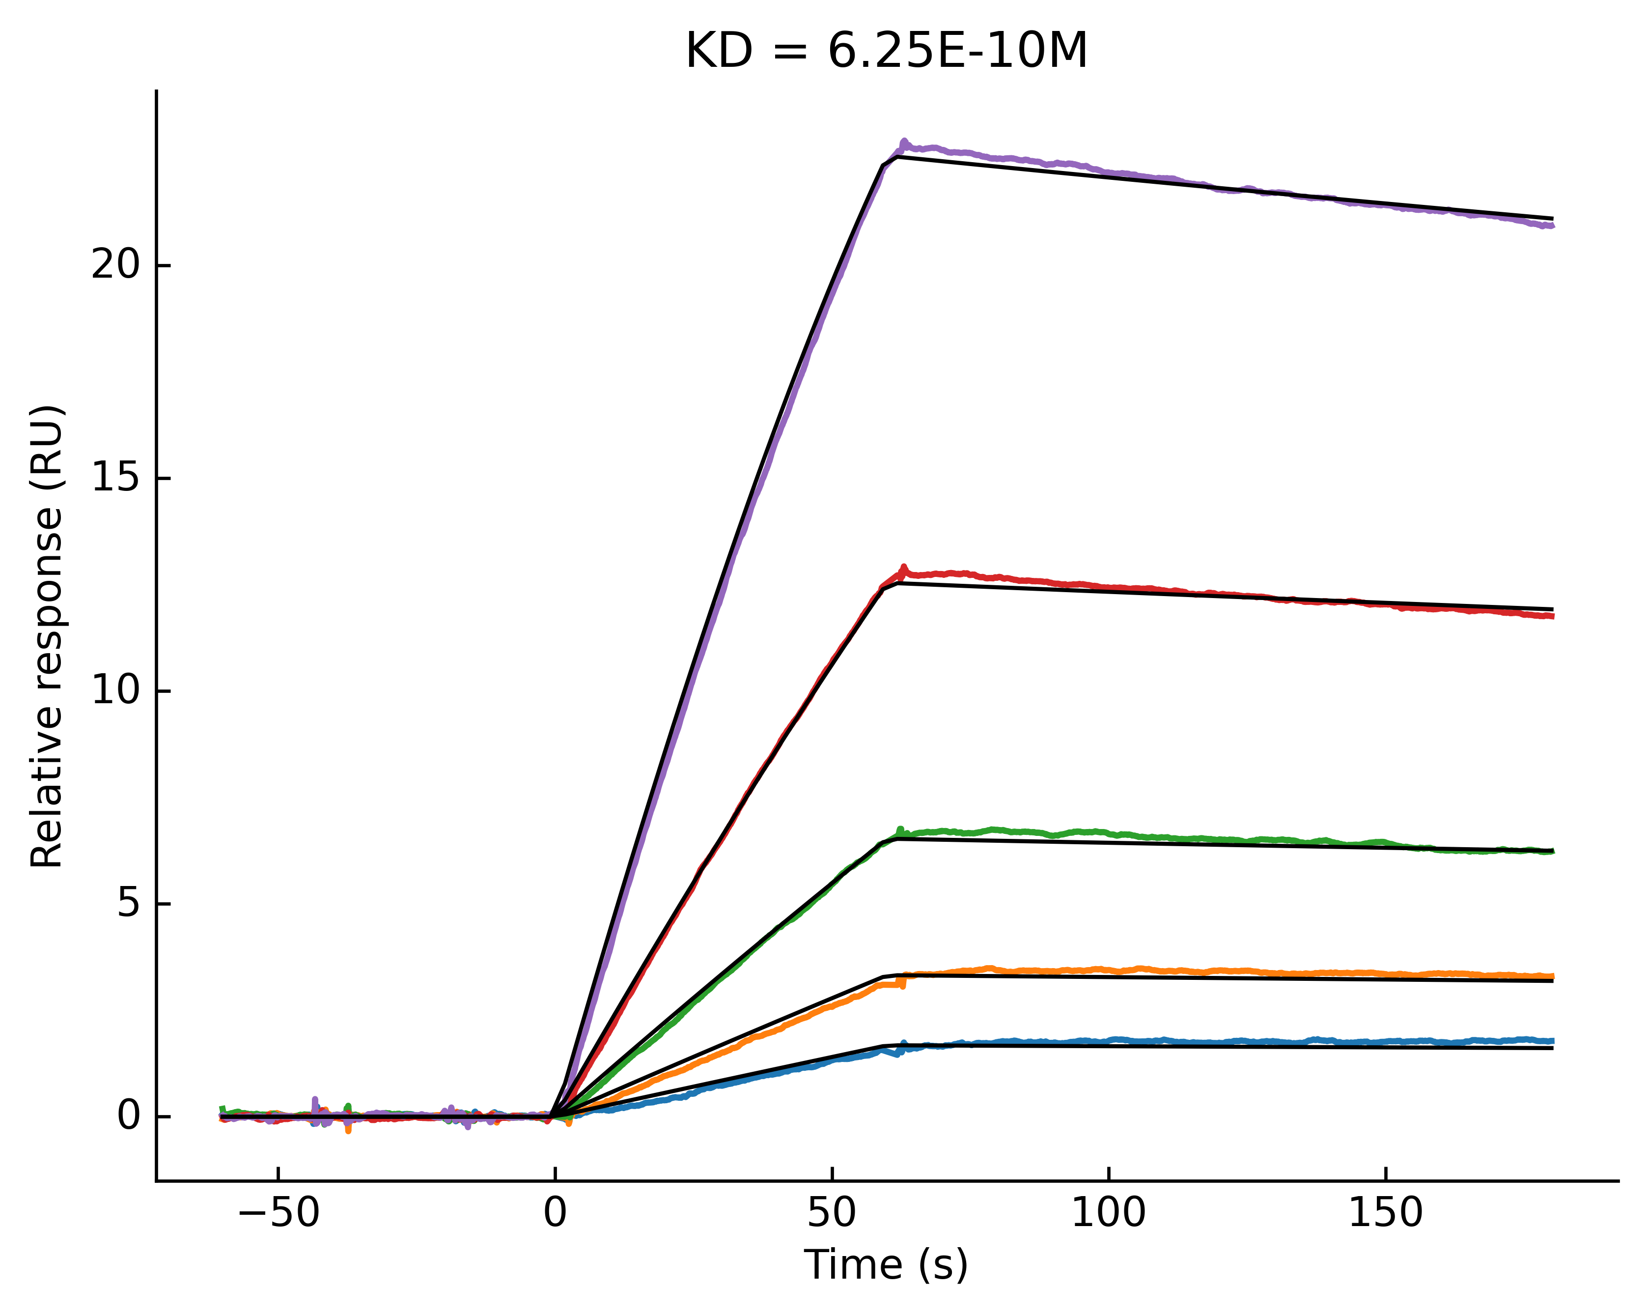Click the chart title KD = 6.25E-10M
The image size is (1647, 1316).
click(x=886, y=52)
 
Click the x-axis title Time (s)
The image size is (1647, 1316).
click(x=886, y=1265)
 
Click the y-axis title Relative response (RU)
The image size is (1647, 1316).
click(x=47, y=636)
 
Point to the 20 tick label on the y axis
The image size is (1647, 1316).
click(x=116, y=266)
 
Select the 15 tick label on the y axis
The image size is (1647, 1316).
click(x=116, y=479)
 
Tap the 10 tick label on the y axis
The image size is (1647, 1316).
click(x=116, y=691)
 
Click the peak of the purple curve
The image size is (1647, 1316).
click(x=904, y=142)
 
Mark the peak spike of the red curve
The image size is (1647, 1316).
click(x=904, y=567)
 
